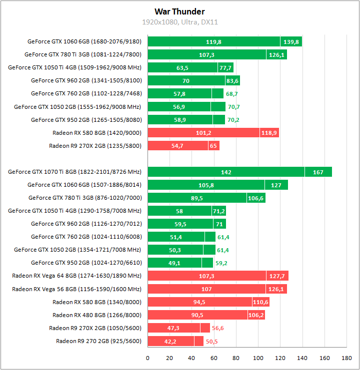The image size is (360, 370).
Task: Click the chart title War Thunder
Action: [x=179, y=11]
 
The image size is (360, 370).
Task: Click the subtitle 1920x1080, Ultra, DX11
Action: [x=179, y=22]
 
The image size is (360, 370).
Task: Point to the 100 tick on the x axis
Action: [x=258, y=358]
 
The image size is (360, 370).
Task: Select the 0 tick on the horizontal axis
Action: [x=147, y=358]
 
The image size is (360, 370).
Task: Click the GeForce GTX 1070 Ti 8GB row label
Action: [x=74, y=172]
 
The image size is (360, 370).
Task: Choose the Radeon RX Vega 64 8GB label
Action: [x=76, y=276]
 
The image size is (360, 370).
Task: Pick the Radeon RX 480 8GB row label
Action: [x=96, y=315]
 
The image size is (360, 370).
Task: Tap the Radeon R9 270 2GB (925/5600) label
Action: [x=98, y=341]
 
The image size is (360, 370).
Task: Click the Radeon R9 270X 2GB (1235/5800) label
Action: [x=95, y=146]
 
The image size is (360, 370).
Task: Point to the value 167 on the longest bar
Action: [x=318, y=172]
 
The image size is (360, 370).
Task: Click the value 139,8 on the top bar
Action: [x=290, y=42]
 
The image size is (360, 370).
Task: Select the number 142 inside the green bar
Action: [x=226, y=172]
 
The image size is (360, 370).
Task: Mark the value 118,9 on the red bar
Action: [x=268, y=133]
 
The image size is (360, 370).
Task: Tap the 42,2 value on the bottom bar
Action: [x=171, y=342]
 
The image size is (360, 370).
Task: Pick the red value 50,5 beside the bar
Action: [x=211, y=342]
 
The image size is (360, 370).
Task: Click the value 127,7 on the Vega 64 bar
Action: [x=277, y=276]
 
